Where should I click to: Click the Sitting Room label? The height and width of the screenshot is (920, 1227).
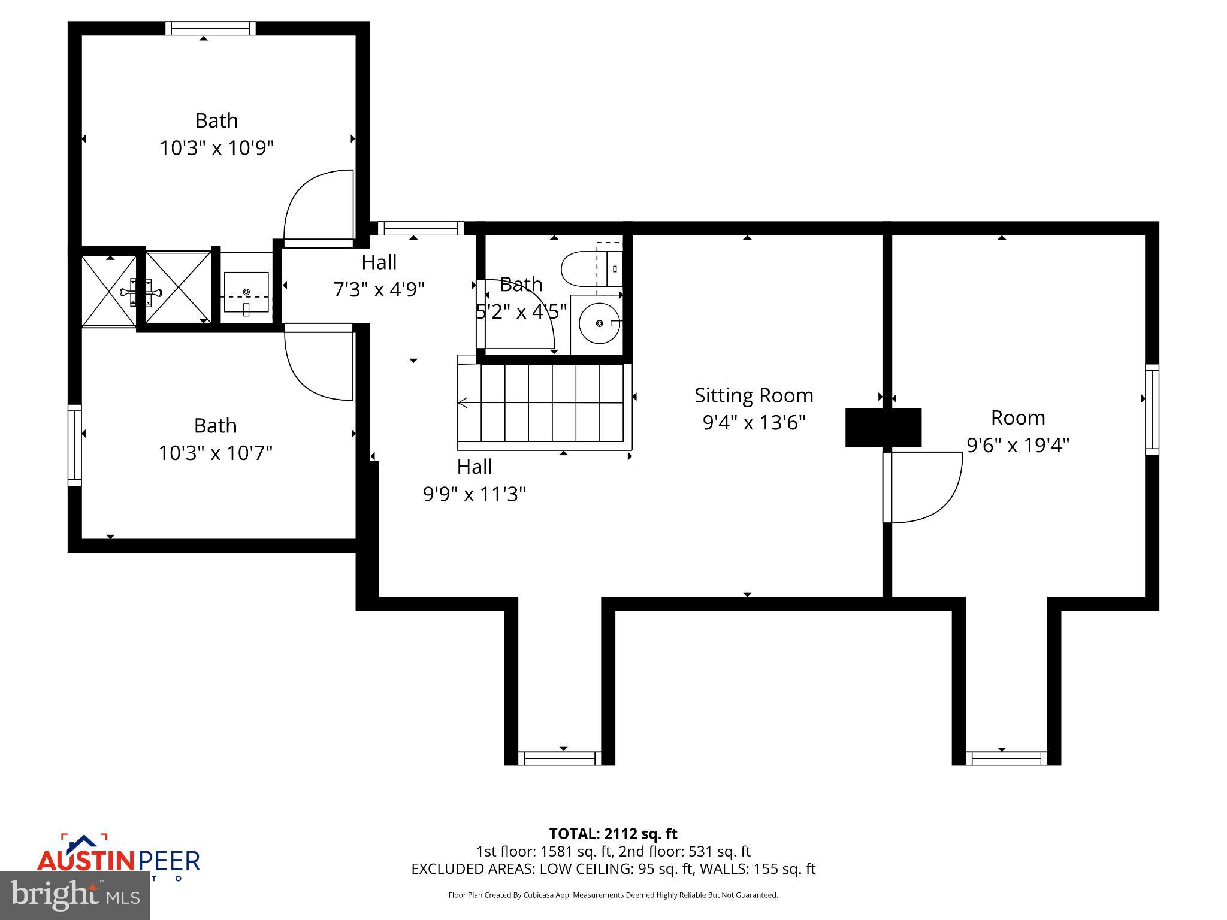pyautogui.click(x=754, y=395)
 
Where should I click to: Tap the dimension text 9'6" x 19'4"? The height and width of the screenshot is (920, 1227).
pyautogui.click(x=1018, y=445)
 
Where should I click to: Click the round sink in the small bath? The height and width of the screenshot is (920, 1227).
pyautogui.click(x=599, y=323)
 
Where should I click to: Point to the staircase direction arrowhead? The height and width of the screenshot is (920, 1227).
pyautogui.click(x=463, y=403)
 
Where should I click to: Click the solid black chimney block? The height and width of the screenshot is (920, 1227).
pyautogui.click(x=883, y=428)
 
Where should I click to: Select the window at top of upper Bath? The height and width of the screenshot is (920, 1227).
pyautogui.click(x=210, y=28)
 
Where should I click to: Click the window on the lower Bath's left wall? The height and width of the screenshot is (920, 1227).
pyautogui.click(x=74, y=444)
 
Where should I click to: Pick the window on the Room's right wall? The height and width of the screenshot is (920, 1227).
pyautogui.click(x=1152, y=409)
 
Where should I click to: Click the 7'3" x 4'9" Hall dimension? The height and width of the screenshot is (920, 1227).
pyautogui.click(x=379, y=290)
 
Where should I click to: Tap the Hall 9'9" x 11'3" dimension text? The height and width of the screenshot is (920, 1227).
pyautogui.click(x=475, y=494)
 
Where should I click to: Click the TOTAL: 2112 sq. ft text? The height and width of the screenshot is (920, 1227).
pyautogui.click(x=613, y=834)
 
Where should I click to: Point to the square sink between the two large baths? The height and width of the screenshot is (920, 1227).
pyautogui.click(x=246, y=293)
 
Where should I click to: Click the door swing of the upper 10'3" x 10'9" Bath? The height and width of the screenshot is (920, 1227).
pyautogui.click(x=318, y=208)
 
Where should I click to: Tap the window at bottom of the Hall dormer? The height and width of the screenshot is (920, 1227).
pyautogui.click(x=559, y=758)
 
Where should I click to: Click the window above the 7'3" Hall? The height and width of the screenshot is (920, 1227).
pyautogui.click(x=421, y=228)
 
